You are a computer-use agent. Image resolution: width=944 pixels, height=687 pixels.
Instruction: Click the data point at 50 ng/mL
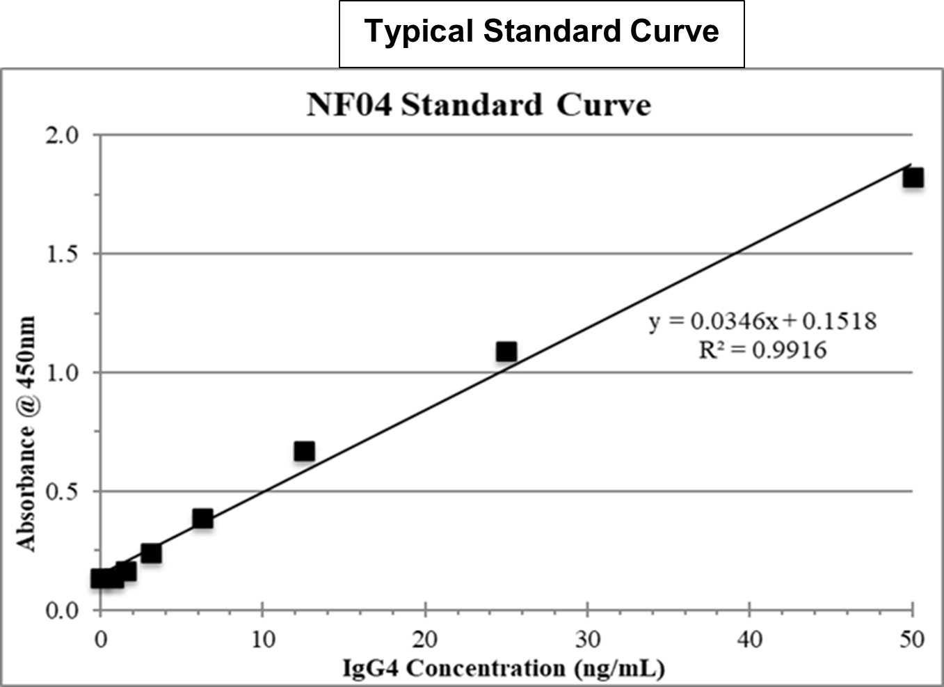click(x=913, y=178)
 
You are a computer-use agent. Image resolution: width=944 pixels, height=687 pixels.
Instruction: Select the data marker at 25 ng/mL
click(x=506, y=352)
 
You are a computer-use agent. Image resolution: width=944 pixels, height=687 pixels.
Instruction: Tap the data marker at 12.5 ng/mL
click(x=304, y=452)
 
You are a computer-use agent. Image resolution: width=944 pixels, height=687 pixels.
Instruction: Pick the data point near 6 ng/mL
click(x=202, y=519)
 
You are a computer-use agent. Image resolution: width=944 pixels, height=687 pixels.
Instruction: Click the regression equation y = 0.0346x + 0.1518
click(x=762, y=321)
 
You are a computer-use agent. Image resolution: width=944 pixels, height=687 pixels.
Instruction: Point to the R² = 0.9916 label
click(x=762, y=349)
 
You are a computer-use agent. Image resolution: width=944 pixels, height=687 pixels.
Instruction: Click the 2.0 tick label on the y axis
click(x=63, y=135)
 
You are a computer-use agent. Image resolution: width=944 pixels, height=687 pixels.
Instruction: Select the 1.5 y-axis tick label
click(x=63, y=254)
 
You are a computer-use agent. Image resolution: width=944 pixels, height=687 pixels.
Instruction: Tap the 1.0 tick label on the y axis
click(x=63, y=373)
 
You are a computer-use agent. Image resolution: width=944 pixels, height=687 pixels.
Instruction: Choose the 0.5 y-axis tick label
click(x=63, y=492)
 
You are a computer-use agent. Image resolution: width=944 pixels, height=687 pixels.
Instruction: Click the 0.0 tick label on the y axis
click(x=63, y=611)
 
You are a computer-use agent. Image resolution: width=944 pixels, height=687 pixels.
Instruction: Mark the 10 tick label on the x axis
click(x=263, y=638)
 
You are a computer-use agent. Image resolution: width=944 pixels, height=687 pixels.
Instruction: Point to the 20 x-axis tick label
click(x=425, y=638)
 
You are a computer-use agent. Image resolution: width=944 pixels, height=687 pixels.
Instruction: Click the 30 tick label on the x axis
click(x=588, y=638)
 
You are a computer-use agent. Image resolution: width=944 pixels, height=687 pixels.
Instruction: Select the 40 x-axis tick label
click(x=750, y=638)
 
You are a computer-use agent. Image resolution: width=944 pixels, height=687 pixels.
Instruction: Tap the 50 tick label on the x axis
click(x=911, y=638)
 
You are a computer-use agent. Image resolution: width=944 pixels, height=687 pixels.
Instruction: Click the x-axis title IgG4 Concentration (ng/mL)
click(x=504, y=668)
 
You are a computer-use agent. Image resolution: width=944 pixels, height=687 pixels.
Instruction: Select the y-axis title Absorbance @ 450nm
click(x=26, y=434)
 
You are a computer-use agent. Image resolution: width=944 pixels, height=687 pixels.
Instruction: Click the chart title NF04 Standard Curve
click(x=479, y=105)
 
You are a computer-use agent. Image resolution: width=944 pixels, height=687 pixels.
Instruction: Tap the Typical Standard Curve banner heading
click(x=541, y=32)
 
